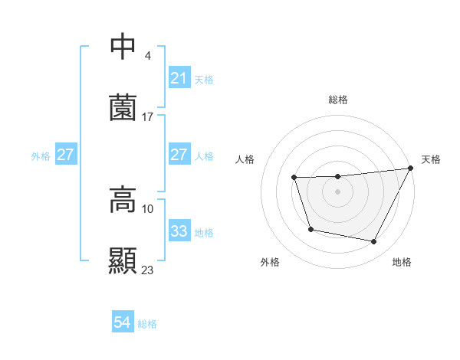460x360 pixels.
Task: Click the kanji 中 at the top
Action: (123, 47)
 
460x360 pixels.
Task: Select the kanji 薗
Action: (123, 107)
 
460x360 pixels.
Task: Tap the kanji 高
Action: (123, 200)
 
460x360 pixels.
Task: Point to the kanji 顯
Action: (123, 260)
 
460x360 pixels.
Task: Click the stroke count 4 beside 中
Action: (147, 56)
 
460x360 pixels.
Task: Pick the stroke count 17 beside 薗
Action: (147, 117)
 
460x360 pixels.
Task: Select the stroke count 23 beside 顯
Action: (147, 270)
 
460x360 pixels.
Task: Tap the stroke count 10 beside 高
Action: (147, 208)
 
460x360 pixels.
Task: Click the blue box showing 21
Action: (179, 78)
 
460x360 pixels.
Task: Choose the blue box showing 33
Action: (179, 231)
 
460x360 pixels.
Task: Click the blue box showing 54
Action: (122, 323)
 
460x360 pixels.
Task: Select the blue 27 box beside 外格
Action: (65, 155)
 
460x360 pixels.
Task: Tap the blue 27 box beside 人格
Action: (179, 155)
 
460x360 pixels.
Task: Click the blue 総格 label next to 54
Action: (147, 324)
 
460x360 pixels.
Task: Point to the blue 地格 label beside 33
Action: (204, 232)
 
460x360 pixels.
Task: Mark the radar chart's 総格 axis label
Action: (337, 100)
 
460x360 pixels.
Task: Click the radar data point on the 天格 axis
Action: (411, 169)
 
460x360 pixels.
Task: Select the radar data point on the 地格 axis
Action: (374, 242)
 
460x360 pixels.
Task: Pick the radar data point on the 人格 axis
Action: (294, 178)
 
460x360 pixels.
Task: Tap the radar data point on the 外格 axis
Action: (310, 229)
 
